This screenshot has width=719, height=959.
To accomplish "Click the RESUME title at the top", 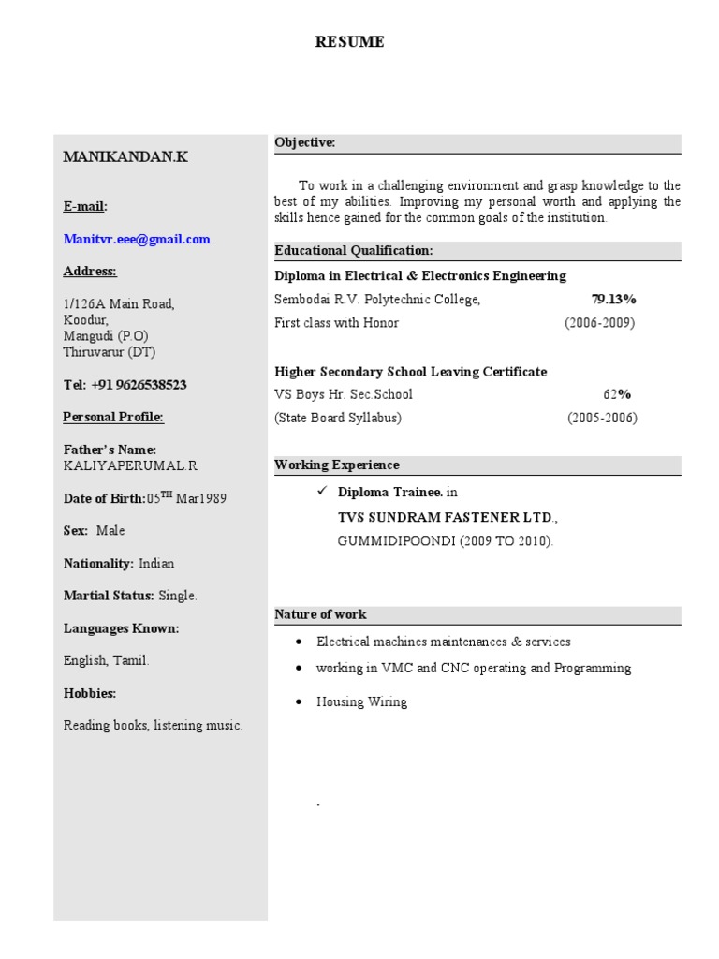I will click(x=349, y=42).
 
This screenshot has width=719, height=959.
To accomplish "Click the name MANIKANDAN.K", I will click(x=125, y=156).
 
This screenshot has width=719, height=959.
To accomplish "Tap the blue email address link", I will click(x=137, y=240).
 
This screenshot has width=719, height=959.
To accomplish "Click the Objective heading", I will click(x=304, y=142).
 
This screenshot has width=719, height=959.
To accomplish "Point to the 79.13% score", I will click(x=613, y=300).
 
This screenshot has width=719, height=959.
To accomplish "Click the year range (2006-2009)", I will click(x=599, y=323).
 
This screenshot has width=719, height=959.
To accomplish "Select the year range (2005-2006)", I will click(x=602, y=419).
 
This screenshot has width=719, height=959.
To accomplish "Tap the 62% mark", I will click(x=617, y=394).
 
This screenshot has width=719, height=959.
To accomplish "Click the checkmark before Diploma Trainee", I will click(x=321, y=491).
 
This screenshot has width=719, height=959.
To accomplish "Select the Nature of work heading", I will click(x=320, y=614).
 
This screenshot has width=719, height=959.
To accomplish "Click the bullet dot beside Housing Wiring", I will click(x=298, y=701).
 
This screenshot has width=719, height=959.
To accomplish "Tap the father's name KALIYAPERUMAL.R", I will click(x=130, y=465).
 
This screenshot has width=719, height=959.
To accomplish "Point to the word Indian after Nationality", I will click(x=156, y=564).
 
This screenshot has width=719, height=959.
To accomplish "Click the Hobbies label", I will click(x=90, y=694).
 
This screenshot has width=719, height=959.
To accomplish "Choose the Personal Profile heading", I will click(x=113, y=418).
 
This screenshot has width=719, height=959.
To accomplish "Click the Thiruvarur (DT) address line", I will click(x=110, y=353).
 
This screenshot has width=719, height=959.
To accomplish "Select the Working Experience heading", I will click(x=336, y=465).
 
